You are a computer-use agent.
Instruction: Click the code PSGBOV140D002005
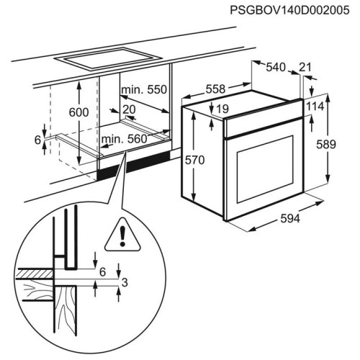point(289,10)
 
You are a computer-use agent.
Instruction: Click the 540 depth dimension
point(276,67)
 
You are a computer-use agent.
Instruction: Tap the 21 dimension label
point(305,67)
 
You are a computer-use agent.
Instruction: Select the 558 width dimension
point(215,89)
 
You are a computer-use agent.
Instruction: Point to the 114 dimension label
point(315,107)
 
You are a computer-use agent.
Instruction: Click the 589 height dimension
point(326,145)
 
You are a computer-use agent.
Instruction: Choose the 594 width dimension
point(290,219)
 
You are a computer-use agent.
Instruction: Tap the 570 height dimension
point(194,160)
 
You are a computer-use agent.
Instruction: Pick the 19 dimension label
point(222,109)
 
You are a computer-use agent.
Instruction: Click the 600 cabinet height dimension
point(78,112)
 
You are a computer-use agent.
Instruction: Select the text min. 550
point(144,89)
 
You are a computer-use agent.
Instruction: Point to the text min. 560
point(124,139)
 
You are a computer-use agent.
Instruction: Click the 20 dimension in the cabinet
point(129,109)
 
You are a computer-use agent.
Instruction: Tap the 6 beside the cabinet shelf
point(38,140)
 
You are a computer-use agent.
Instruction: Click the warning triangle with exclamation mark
point(122,235)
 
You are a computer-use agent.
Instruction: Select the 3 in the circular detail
point(125,283)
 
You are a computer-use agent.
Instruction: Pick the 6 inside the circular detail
point(103,272)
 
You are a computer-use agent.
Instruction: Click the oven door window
point(265,168)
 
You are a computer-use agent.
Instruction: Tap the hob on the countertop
point(107,59)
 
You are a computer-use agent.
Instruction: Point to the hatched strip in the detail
point(35,274)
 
